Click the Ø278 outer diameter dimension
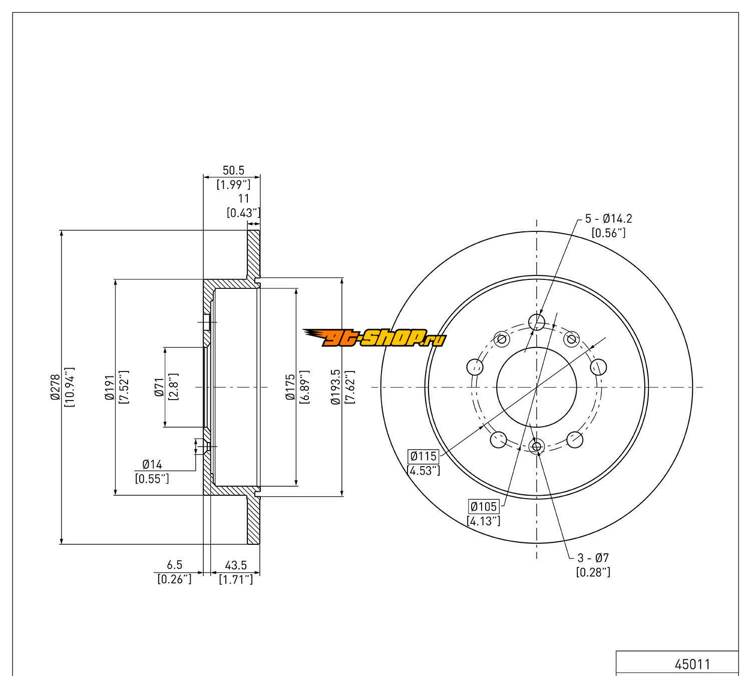tap(56, 387)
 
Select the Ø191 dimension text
tap(109, 387)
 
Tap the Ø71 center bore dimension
tap(159, 387)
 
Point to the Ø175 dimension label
tap(290, 387)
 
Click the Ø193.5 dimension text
tap(335, 387)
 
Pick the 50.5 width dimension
tap(233, 170)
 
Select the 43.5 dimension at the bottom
tap(236, 565)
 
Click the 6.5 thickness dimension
tap(174, 564)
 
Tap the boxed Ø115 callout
tap(423, 456)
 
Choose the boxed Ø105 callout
tap(484, 507)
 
